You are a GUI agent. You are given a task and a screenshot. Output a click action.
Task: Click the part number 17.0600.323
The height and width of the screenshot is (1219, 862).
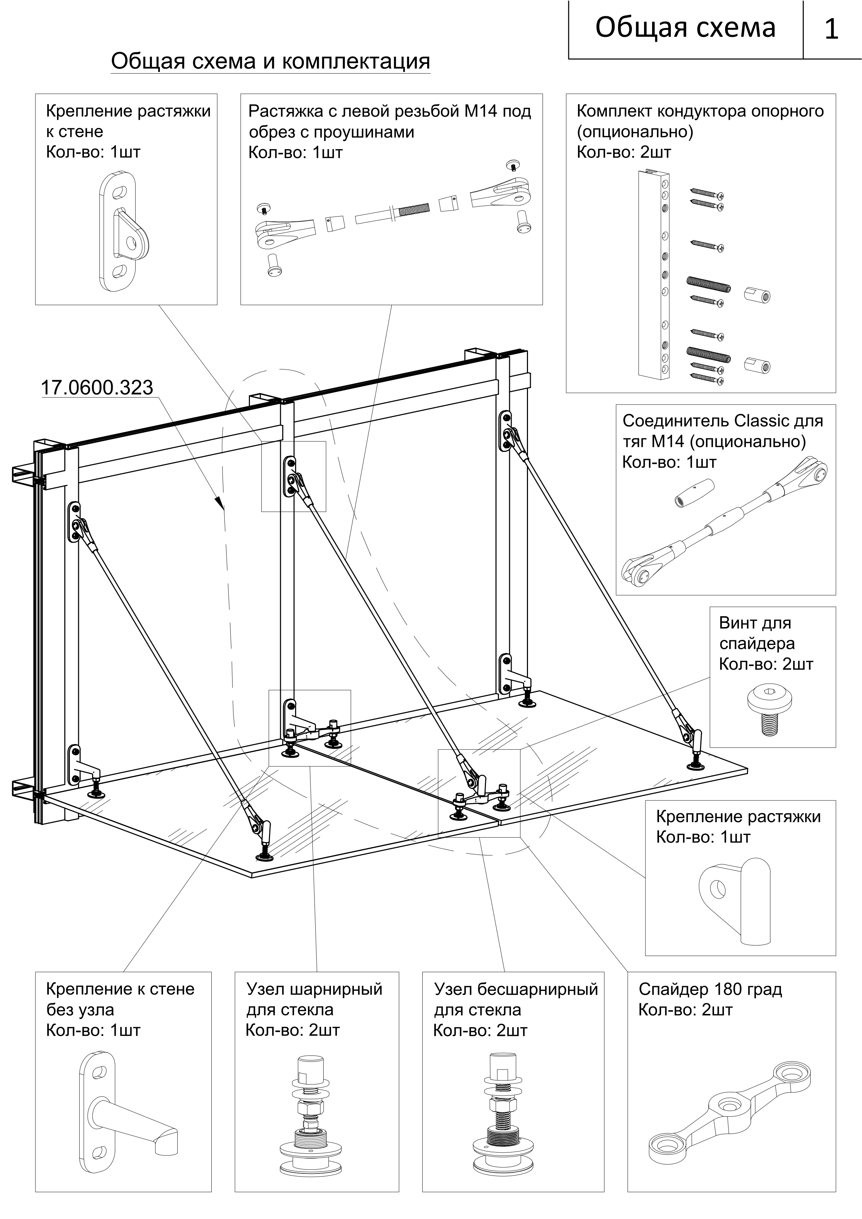[x=97, y=388]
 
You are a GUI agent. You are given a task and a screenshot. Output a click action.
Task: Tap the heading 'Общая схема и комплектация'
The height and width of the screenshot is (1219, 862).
[x=270, y=62]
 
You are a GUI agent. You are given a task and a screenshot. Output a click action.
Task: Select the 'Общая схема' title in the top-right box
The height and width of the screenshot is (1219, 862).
[x=685, y=27]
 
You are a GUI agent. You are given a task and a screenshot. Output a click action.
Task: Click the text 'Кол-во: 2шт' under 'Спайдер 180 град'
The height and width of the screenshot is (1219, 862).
[x=685, y=1010]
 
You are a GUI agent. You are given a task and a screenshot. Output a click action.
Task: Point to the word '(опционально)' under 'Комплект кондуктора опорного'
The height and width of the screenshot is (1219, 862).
[x=635, y=132]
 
